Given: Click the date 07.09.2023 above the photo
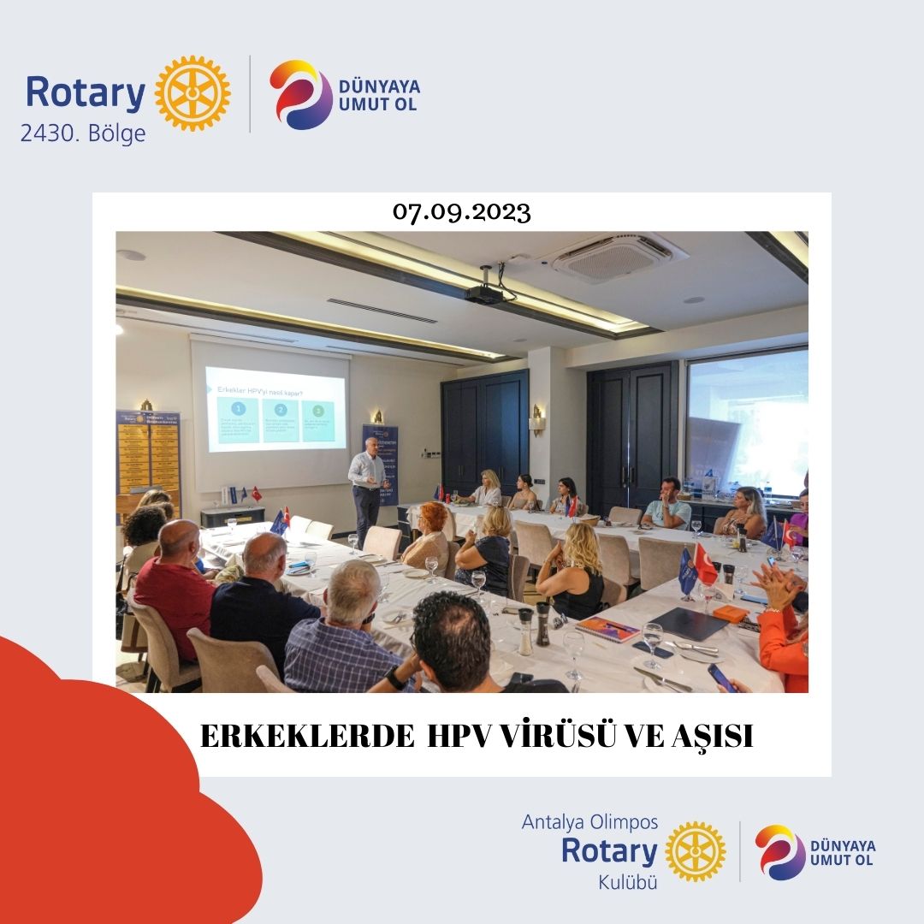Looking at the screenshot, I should click(x=462, y=212).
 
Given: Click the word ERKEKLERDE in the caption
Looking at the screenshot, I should click(x=307, y=737).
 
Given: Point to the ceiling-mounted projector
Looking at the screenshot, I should click(x=484, y=293).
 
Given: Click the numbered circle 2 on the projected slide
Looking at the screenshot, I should click(x=280, y=410).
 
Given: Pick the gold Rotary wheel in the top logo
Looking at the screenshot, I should click(x=192, y=93).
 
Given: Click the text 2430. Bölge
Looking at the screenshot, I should click(x=83, y=134).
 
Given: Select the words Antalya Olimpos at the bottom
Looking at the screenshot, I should click(x=590, y=822).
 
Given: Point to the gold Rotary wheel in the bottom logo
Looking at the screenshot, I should click(x=695, y=851).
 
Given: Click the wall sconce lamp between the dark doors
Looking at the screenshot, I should click(x=537, y=418).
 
